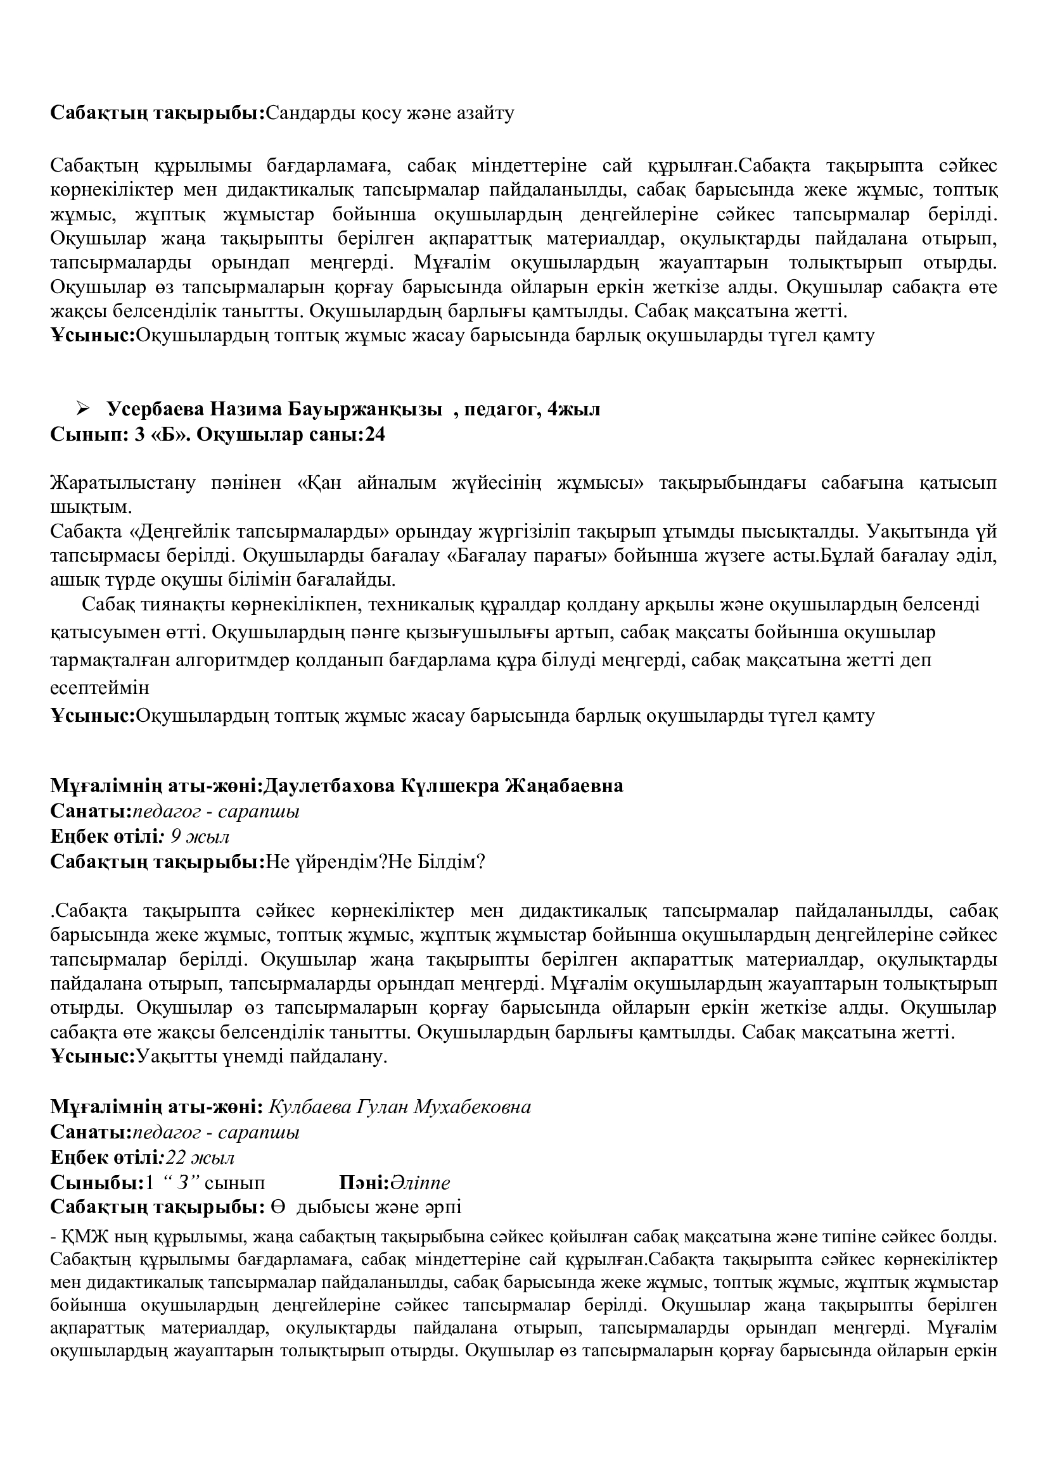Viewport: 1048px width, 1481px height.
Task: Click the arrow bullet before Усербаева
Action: (82, 408)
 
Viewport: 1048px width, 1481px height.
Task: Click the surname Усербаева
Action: (155, 409)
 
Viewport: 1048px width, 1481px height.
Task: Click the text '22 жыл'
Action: (200, 1157)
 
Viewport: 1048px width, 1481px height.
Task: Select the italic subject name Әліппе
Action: (420, 1182)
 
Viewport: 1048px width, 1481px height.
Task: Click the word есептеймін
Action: (99, 688)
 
